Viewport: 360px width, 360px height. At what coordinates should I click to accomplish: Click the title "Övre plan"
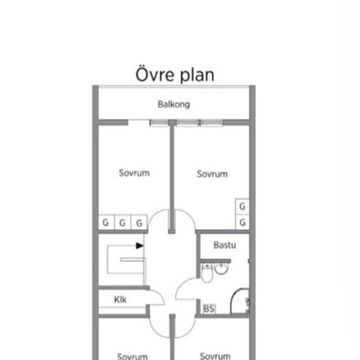tap(175, 75)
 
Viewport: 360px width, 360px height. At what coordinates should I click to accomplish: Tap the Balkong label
tap(174, 105)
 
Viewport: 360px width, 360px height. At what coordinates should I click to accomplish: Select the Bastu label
tap(225, 245)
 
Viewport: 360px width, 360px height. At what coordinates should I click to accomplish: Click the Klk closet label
tap(120, 300)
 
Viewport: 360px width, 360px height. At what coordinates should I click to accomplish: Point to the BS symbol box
tap(209, 308)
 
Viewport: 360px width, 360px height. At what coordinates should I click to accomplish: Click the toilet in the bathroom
tap(207, 273)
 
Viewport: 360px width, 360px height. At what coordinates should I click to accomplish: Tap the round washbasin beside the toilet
tap(221, 268)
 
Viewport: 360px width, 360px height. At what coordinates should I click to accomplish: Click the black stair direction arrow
tap(140, 245)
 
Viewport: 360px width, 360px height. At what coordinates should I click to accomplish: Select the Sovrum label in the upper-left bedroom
tap(134, 173)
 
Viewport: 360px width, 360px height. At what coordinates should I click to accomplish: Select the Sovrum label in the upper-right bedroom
tap(212, 174)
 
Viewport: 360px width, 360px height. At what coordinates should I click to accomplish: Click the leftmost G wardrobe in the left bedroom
tap(106, 222)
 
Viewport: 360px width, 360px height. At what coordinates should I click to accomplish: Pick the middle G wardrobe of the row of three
tap(122, 222)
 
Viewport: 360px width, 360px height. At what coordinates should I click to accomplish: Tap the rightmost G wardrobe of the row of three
tap(139, 222)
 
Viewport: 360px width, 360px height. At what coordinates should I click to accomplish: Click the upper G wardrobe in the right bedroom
tap(242, 206)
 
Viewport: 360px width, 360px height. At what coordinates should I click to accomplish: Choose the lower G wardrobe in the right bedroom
tap(242, 223)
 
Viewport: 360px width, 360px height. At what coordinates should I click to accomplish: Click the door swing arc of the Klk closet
tap(160, 295)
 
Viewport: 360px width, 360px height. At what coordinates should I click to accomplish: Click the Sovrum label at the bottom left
tap(132, 356)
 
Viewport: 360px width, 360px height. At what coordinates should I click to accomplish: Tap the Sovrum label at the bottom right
tap(215, 356)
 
